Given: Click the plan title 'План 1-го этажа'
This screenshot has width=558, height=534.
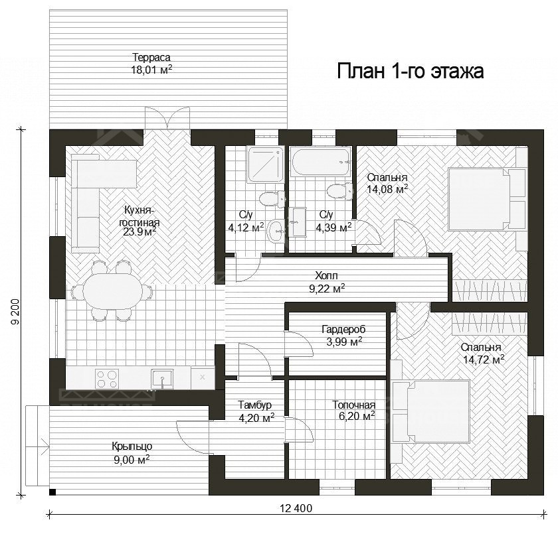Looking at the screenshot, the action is point(410,71).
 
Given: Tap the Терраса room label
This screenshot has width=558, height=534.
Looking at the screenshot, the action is point(151,57).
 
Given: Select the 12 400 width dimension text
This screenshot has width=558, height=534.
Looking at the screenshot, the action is point(296,508).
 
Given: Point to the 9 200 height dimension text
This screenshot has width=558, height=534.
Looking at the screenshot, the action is point(15,312).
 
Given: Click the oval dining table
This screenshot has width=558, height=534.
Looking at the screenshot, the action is point(112,292).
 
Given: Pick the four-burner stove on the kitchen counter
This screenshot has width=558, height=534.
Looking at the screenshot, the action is point(107,379).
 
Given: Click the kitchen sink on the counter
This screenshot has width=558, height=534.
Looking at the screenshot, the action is point(162,379).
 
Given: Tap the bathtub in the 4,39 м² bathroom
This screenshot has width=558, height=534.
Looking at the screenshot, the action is point(322,162).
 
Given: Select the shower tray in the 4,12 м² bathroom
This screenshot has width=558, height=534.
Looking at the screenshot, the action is point(266,165).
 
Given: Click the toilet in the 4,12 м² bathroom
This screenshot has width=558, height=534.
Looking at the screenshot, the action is point(272,198).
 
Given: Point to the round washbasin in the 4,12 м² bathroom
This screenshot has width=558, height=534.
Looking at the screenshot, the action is point(276,232).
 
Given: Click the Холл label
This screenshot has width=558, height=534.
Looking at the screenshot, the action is point(326,275).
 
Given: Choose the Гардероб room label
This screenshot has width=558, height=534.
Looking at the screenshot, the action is point(343,330).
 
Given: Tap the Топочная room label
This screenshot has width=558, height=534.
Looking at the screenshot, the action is point(353,405).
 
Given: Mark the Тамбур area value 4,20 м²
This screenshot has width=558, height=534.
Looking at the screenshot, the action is point(256,418).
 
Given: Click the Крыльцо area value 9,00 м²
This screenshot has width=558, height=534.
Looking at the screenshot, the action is point(132,460).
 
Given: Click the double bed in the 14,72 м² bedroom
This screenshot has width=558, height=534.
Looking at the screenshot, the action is point(430,411).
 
